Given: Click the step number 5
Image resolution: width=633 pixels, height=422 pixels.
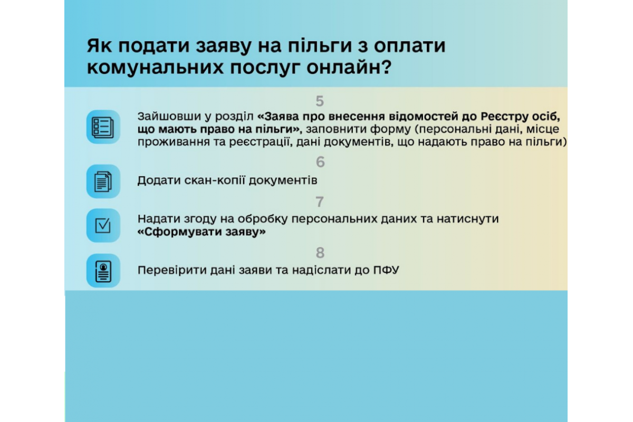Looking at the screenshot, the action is pos(320,101).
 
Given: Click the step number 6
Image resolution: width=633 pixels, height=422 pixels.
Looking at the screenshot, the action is pos(320,162).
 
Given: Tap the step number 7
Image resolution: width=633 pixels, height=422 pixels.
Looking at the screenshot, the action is pos(320,202).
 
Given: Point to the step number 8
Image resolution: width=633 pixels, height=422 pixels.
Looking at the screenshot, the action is pos(320,253).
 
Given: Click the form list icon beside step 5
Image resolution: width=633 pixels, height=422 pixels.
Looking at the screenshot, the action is pos(103,127).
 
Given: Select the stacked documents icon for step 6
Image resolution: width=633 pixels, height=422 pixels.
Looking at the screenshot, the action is pos(103,181).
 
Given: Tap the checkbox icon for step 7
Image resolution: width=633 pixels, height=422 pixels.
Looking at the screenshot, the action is pos(103,226).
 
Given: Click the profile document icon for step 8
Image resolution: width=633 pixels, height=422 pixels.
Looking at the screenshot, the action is pos(103,271).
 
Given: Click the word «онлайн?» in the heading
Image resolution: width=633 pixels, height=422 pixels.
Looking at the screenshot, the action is pos(349,68).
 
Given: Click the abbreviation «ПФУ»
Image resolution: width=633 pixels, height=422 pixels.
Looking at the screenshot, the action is pos(386,270).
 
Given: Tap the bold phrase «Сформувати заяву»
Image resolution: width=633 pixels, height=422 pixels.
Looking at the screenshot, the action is pos(202,232).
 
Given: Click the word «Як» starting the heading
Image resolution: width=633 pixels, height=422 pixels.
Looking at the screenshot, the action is pos(99,45).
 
